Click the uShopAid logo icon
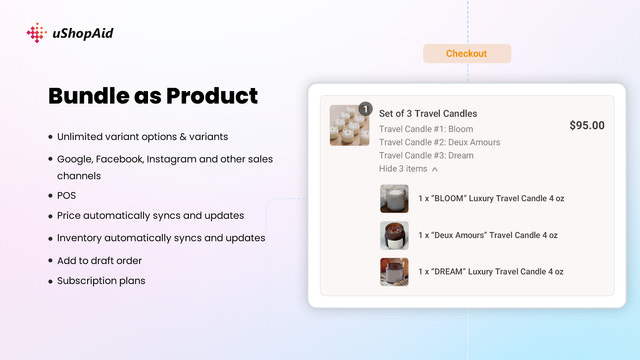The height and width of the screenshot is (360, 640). point(36,34)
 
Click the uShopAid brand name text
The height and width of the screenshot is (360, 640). point(83,34)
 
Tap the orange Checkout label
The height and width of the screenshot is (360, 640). point(466,54)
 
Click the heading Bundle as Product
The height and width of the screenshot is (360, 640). point(153,97)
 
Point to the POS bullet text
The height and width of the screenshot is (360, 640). point(66,195)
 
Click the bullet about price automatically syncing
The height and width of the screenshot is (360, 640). point(150,215)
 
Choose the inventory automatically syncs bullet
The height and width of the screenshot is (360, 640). point(160,238)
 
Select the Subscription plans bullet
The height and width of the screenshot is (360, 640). point(101,281)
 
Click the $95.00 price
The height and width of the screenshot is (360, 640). point(586,126)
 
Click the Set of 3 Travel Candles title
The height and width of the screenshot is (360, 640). point(428,114)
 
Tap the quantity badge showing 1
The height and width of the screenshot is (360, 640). point(365,108)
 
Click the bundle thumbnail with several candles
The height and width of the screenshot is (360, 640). point(349,127)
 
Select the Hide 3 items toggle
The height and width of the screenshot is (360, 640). point(408,169)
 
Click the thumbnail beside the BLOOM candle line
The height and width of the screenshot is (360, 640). point(394,199)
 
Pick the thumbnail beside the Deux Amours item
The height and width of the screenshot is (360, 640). point(394,235)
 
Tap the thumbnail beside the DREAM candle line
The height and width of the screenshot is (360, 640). point(394,272)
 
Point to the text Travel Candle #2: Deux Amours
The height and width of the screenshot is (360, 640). point(439,143)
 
